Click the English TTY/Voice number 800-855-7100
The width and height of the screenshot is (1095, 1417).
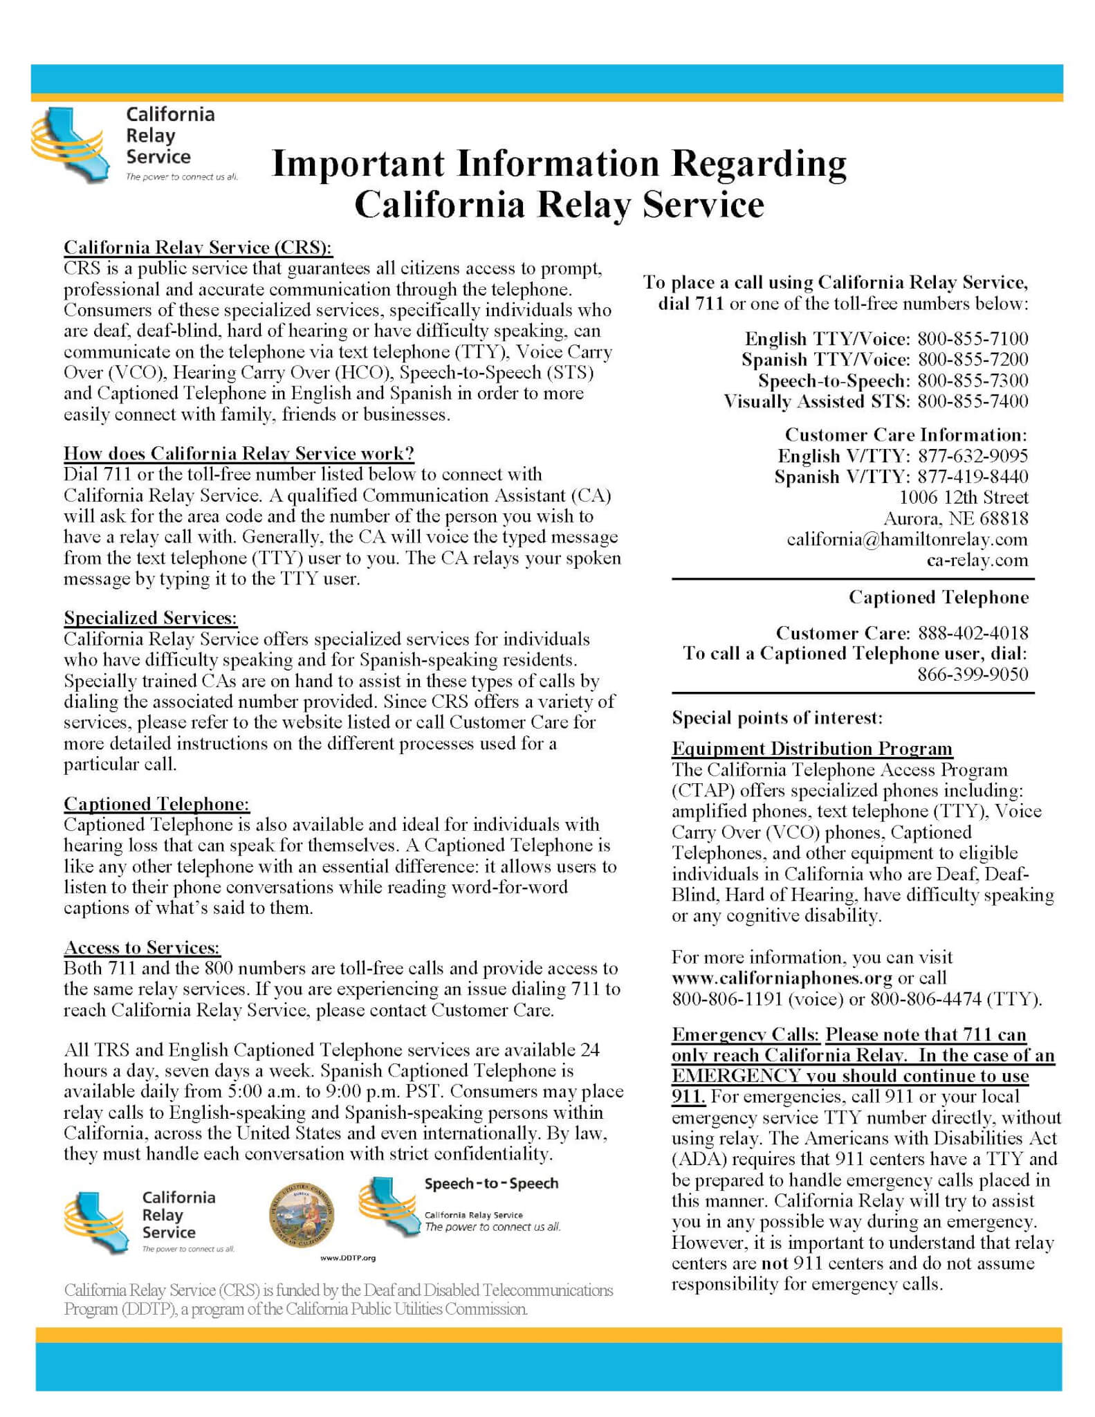click(973, 339)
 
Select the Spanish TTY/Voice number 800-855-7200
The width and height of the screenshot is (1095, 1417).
click(973, 360)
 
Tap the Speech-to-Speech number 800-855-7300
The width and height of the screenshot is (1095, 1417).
click(973, 381)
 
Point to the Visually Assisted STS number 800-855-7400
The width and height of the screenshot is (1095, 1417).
click(973, 401)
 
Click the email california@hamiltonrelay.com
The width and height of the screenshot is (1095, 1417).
click(907, 540)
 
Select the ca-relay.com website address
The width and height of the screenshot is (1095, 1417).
click(977, 560)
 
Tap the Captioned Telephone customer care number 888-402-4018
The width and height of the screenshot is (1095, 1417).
click(973, 633)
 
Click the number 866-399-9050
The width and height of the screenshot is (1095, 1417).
click(973, 675)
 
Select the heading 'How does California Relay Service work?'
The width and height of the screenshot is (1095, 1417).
click(239, 454)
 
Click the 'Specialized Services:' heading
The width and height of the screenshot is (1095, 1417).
click(150, 618)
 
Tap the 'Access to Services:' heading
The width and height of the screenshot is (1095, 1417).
click(142, 948)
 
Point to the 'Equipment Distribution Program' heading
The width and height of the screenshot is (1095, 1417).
click(811, 749)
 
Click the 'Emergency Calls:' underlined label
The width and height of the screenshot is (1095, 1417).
click(745, 1034)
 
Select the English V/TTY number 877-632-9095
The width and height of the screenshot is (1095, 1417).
click(973, 456)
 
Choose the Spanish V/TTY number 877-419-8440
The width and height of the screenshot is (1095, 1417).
click(973, 477)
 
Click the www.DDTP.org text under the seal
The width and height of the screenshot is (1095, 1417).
click(348, 1258)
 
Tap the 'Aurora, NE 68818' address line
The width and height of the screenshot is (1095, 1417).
click(955, 519)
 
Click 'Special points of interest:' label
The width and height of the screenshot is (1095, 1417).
click(777, 718)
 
